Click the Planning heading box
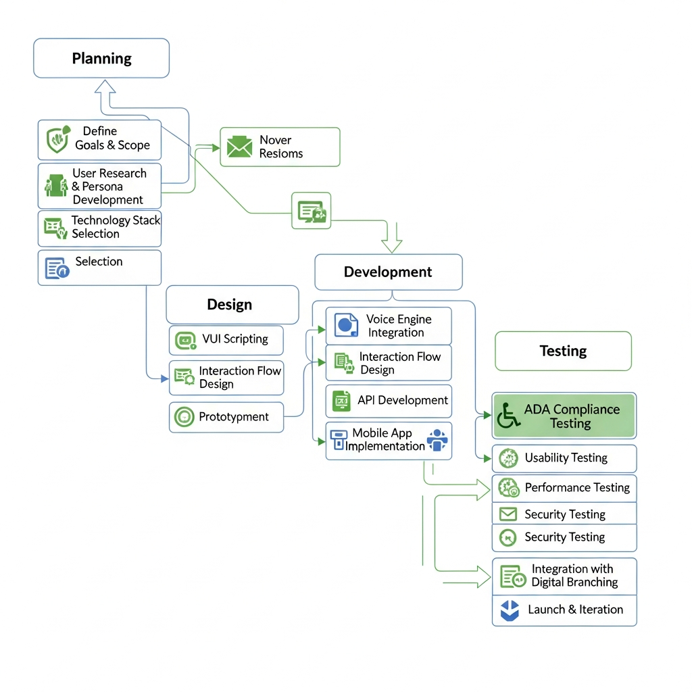tap(101, 58)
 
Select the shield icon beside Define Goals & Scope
tap(57, 138)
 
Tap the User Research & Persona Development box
tap(99, 186)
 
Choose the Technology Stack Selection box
tap(99, 228)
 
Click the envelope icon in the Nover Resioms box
tap(239, 147)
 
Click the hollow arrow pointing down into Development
tap(392, 242)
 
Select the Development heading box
tap(389, 272)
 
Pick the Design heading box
tap(232, 305)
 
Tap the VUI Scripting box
tap(226, 339)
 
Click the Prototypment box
tap(226, 417)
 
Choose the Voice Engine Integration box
tap(389, 326)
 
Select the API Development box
tap(389, 401)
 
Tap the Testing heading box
tap(563, 351)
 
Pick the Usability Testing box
tap(564, 458)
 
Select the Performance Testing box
tap(564, 488)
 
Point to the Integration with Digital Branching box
tap(564, 576)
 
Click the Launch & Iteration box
tap(564, 610)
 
